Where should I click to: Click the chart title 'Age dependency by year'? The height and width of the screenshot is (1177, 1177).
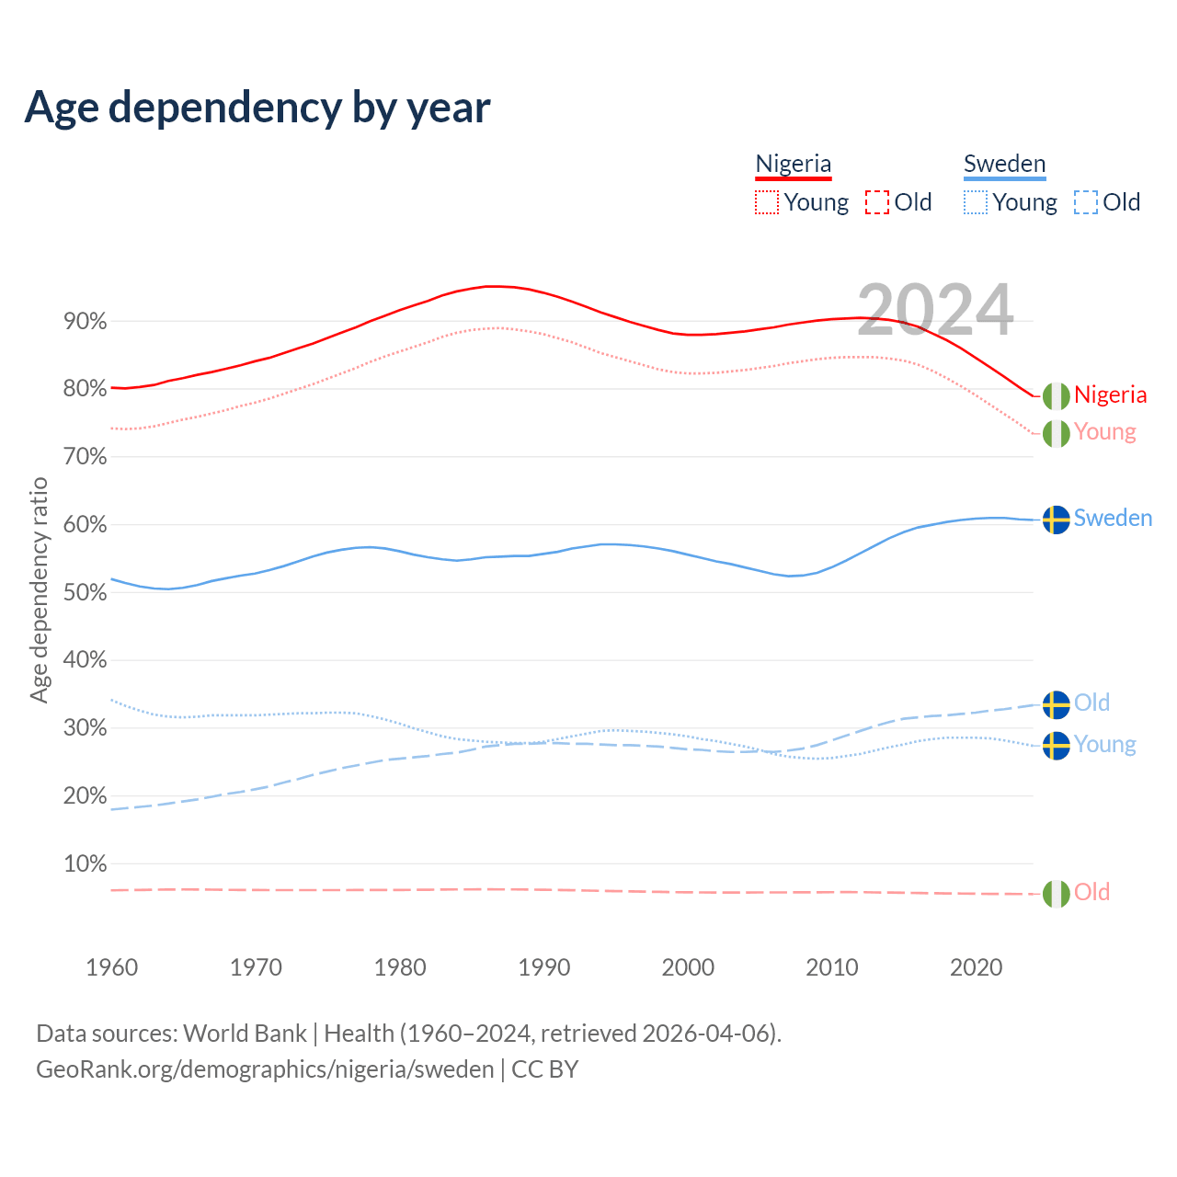point(257,107)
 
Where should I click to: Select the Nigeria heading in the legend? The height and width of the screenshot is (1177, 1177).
point(793,164)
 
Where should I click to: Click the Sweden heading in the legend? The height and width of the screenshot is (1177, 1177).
point(1004,164)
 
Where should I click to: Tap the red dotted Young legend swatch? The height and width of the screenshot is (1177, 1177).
point(766,202)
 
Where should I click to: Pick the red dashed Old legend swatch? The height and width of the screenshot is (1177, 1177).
point(877,202)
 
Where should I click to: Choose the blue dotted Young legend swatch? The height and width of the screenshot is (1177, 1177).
point(976,202)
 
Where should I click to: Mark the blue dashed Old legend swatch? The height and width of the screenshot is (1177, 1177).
point(1086,202)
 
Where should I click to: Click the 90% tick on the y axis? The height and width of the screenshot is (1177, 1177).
point(85,322)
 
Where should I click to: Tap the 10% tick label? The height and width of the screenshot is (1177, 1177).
point(85,864)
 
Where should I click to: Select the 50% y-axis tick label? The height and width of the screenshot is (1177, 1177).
point(85,593)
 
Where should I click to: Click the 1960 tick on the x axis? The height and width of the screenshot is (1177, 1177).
point(111,967)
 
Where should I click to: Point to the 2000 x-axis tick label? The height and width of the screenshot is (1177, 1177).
point(688,967)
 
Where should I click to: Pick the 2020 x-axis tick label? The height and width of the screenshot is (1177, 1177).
point(976,967)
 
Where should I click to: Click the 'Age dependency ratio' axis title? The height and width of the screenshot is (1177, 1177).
point(39,589)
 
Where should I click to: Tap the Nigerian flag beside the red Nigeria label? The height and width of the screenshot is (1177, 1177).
point(1057,395)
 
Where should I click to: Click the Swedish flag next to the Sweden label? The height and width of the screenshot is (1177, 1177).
point(1057,520)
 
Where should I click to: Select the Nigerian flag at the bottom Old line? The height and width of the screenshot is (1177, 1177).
point(1057,893)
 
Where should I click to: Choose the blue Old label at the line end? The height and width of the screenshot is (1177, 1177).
point(1091,703)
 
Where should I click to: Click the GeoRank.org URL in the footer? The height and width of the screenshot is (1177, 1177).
point(265,1069)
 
